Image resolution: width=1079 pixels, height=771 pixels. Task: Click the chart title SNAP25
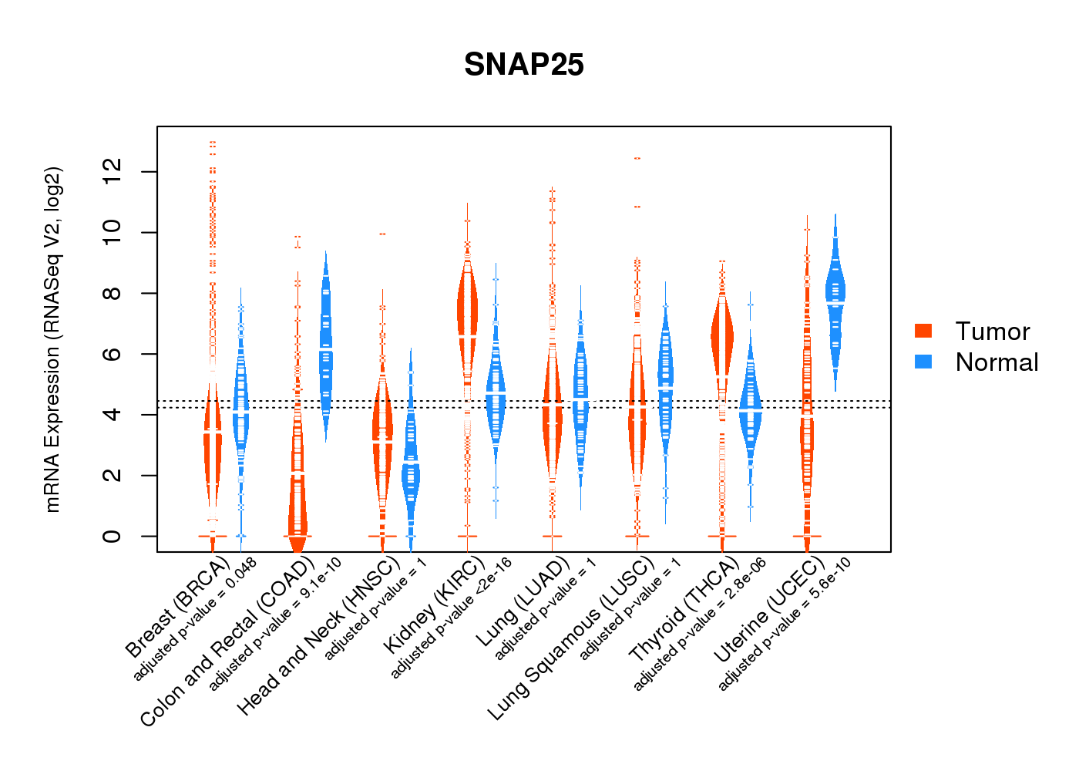(x=524, y=65)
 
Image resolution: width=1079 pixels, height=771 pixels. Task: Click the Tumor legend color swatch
(x=923, y=331)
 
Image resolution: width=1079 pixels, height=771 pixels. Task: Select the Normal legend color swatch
(x=923, y=362)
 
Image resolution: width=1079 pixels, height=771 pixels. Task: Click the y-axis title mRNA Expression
(x=52, y=339)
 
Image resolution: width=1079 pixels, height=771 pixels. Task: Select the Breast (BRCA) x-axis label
(x=176, y=608)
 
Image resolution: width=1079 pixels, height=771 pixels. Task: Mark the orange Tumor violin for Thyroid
(x=721, y=339)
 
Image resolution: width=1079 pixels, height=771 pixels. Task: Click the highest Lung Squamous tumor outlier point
(x=637, y=158)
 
